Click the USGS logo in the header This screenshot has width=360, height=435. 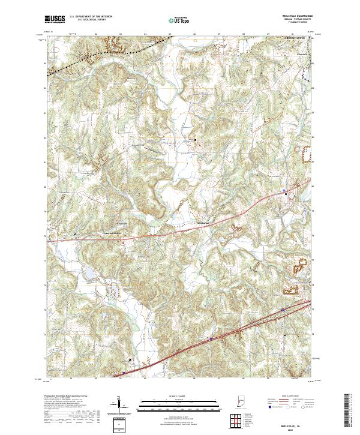click(x=55, y=20)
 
